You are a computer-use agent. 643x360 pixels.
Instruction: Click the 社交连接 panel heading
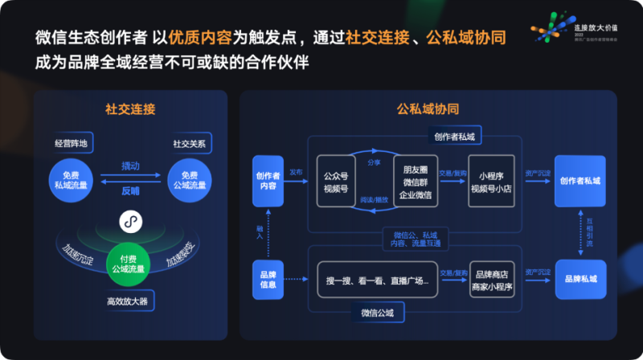129,108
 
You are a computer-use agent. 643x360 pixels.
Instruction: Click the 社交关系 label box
189,144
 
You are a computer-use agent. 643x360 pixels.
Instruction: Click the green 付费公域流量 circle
130,264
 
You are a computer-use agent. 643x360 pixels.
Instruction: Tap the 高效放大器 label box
130,302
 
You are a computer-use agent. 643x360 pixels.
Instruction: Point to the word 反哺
130,190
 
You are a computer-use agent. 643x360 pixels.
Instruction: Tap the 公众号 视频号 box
336,182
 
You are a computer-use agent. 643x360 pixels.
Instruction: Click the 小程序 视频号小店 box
491,182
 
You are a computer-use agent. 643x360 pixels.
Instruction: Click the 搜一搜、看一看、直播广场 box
377,280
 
